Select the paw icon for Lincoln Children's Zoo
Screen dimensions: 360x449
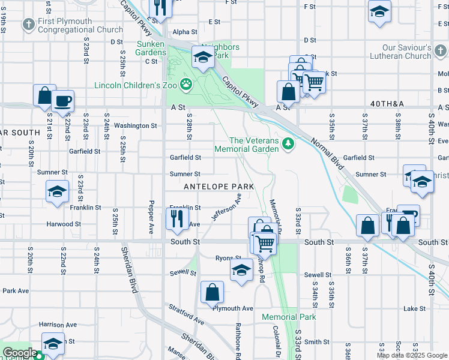pos(187,85)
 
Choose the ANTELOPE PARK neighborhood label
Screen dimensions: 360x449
pos(219,187)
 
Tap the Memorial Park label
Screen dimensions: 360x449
pos(288,317)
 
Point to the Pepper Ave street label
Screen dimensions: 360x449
pos(152,214)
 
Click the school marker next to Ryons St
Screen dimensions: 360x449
pos(241,270)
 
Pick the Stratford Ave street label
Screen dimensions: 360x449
pos(185,318)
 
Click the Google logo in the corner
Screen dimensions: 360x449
pos(19,353)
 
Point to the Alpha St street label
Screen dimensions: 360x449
pos(185,32)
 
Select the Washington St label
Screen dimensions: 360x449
pos(135,126)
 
